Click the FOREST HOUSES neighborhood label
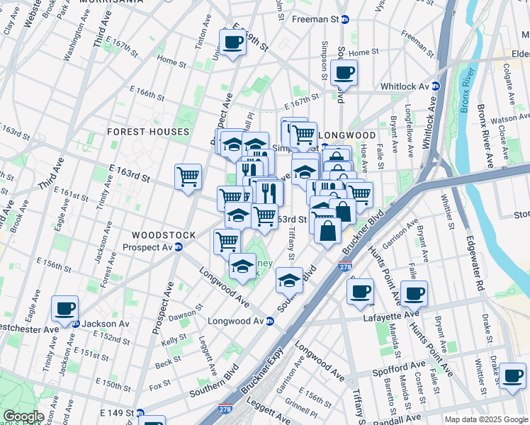[x=148, y=132]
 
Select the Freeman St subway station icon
[x=344, y=21]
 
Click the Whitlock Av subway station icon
[x=436, y=86]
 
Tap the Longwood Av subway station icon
[x=269, y=321]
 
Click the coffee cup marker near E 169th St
[x=232, y=43]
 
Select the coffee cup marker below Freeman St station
[x=344, y=72]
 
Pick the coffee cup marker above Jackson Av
[x=64, y=309]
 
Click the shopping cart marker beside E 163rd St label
[x=188, y=176]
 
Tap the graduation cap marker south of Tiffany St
[x=289, y=280]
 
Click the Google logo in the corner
[x=23, y=416]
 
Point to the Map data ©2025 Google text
[x=485, y=419]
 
